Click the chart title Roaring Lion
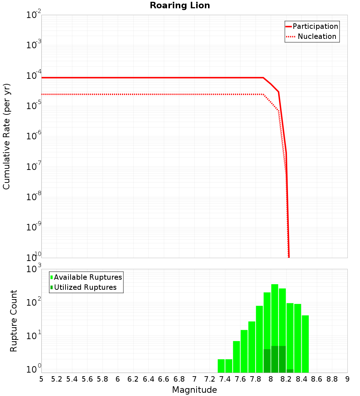[x=180, y=6]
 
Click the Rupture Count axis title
[x=14, y=320]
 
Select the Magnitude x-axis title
[x=194, y=390]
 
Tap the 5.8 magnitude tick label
[x=103, y=379]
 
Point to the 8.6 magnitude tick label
[x=317, y=379]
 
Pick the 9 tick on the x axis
[x=347, y=379]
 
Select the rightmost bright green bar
[x=305, y=344]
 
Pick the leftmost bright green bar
[x=221, y=366]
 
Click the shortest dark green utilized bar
[x=290, y=371]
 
